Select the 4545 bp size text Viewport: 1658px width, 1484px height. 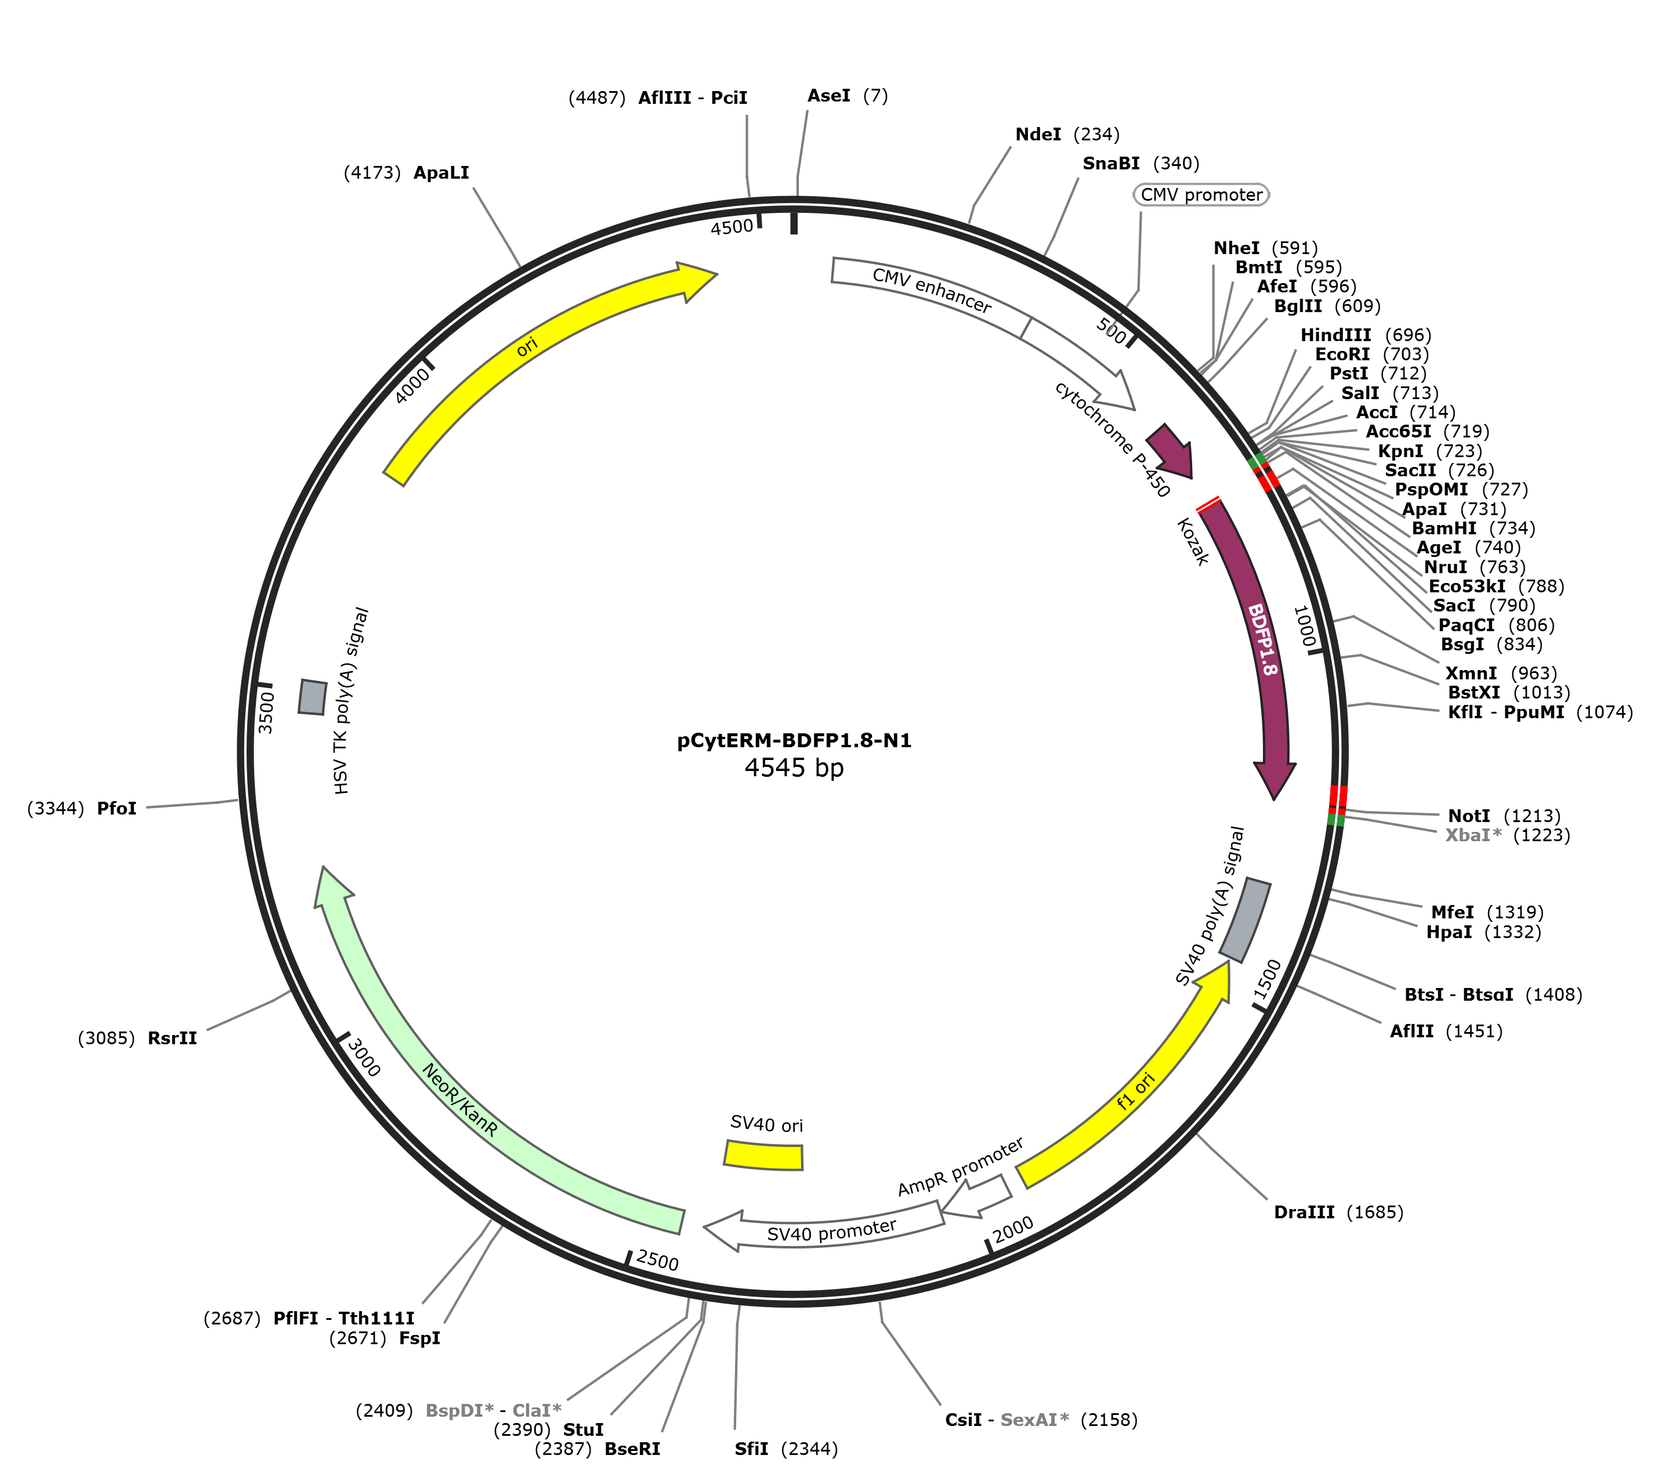click(794, 768)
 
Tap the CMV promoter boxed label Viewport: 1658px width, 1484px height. click(1201, 195)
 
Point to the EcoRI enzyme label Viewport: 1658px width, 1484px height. click(1342, 354)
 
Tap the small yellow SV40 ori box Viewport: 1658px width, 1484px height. click(764, 1156)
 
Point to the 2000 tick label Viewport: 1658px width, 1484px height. click(1013, 1228)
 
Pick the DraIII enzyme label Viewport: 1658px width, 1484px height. click(1304, 1212)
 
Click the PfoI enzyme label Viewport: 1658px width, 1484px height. click(117, 809)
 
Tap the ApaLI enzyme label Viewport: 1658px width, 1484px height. click(441, 173)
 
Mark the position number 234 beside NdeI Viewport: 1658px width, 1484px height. click(1096, 135)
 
